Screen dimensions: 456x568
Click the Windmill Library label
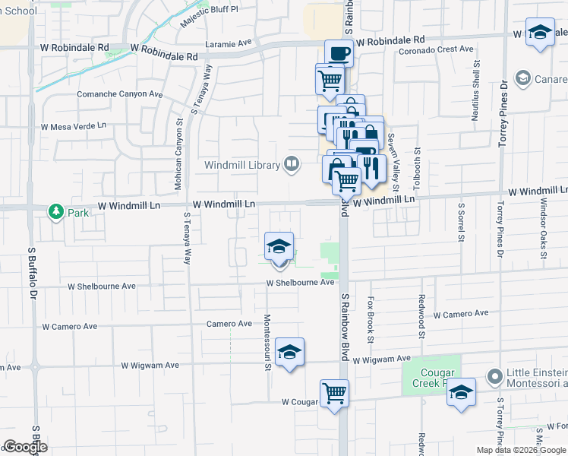coord(242,165)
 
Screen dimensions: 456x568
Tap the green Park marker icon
coord(55,211)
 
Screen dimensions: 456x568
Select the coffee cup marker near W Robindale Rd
coord(339,53)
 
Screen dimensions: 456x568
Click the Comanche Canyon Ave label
coord(120,94)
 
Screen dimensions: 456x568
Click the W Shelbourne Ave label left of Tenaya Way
coord(101,287)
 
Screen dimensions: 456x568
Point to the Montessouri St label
coord(267,343)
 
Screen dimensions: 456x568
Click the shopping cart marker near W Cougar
coord(334,393)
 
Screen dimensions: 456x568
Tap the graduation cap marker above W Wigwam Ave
coord(289,352)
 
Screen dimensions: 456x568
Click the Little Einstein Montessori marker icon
coord(496,376)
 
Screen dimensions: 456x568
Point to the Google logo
coord(25,447)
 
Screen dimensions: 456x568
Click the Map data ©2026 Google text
coord(520,450)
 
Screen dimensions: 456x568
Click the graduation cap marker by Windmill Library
coord(279,246)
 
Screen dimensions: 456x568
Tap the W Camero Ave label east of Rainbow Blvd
coord(461,313)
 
